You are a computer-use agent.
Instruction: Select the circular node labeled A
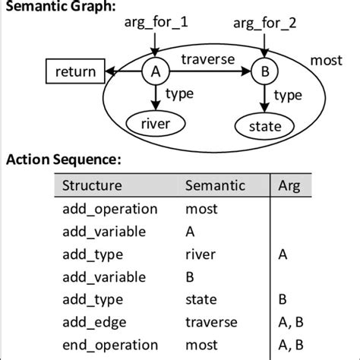point(155,72)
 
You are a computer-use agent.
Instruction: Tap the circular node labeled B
point(264,72)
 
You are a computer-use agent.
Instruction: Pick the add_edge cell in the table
point(92,322)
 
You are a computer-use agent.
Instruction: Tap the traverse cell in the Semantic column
point(211,322)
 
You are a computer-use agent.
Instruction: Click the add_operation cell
point(109,208)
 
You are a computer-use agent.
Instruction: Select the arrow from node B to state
point(264,97)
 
